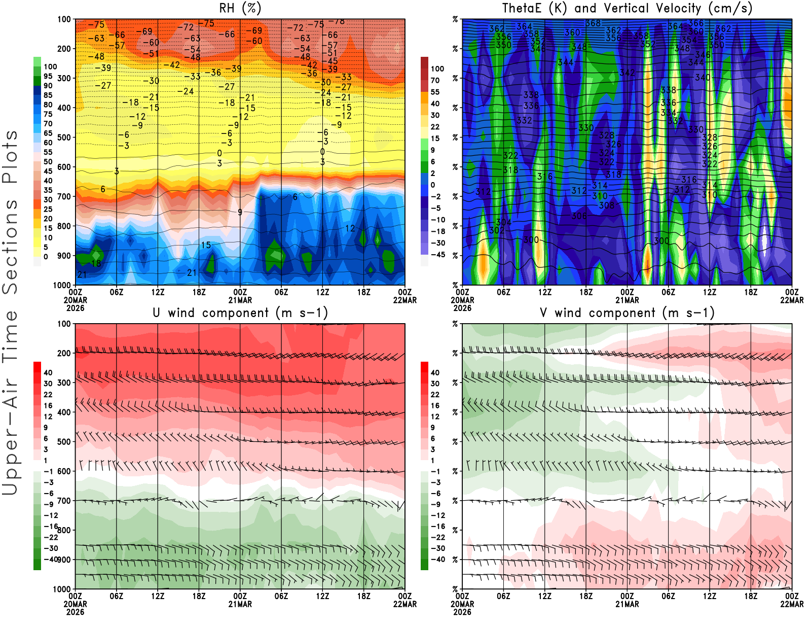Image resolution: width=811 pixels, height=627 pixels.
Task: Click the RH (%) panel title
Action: (x=240, y=9)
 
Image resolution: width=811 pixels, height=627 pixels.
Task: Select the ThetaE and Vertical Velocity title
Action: (x=627, y=9)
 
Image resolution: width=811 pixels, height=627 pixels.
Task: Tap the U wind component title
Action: (x=240, y=313)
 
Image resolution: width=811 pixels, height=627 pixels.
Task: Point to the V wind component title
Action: (x=627, y=313)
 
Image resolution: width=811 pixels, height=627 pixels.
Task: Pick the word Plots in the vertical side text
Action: (x=10, y=157)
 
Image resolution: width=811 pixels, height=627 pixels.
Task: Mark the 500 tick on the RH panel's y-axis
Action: (x=64, y=137)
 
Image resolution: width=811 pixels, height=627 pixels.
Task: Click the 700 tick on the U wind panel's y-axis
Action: (x=64, y=501)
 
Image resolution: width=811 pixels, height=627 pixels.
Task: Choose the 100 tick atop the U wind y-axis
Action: (x=64, y=324)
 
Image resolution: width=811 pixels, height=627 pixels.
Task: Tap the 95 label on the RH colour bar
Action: (x=48, y=76)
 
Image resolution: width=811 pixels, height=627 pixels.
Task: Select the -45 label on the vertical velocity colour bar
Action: (x=437, y=255)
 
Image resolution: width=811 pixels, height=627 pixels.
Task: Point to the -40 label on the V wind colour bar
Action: (x=437, y=560)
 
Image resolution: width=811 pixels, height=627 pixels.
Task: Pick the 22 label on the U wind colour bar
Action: (x=48, y=395)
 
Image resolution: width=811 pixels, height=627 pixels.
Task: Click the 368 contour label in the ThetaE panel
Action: (x=593, y=23)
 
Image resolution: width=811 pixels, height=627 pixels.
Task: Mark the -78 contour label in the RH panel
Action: (x=336, y=21)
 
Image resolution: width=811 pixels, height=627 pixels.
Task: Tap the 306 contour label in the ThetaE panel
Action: (x=579, y=216)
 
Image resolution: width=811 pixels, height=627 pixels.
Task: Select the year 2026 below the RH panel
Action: (x=75, y=308)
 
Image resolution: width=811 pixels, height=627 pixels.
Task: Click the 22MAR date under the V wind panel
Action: (x=792, y=604)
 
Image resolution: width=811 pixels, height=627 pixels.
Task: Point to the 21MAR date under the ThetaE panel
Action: (x=627, y=300)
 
